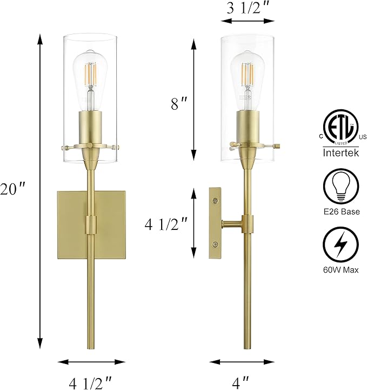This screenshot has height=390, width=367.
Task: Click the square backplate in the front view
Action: [71, 223]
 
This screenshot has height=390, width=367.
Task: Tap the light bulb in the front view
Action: [91, 76]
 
